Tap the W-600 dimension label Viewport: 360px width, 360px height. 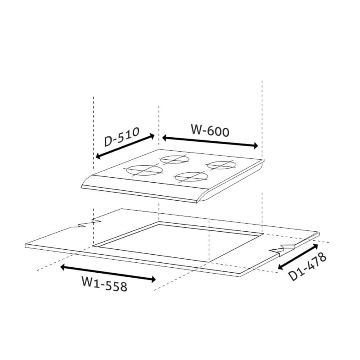point(210,130)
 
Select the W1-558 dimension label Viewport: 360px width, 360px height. point(104,284)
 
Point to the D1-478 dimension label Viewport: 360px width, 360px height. point(307,266)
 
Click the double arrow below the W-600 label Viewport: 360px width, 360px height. point(210,142)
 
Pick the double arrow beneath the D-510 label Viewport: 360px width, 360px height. point(125,146)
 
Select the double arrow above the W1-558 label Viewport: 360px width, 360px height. point(108,273)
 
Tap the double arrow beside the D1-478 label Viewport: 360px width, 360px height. point(298,256)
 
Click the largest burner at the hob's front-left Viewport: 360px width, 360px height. point(144,170)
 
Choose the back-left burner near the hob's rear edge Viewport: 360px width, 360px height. point(175,159)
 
